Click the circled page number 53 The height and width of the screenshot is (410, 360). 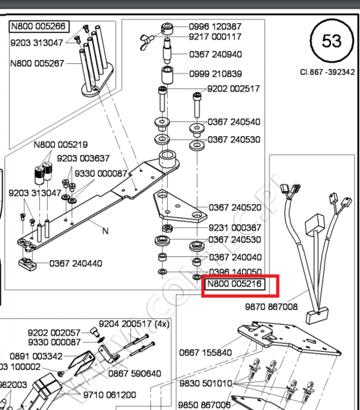pos(332,41)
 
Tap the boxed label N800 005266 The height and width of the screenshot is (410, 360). pos(39,26)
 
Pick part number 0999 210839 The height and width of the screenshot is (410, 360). pos(221,74)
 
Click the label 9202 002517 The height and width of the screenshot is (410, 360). pos(233,88)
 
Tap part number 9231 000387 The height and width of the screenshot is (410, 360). pos(235,227)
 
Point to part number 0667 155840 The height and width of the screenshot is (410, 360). pos(205,353)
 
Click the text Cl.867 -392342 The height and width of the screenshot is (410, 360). pos(327,72)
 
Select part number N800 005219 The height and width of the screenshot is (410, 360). pos(60,145)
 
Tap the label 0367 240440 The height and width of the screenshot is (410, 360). pos(76,263)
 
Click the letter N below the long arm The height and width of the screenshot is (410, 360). pos(106,231)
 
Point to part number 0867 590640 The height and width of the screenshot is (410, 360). pos(135,374)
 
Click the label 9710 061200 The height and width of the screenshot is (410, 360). pos(110,395)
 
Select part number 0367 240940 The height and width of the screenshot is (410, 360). pos(221,54)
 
